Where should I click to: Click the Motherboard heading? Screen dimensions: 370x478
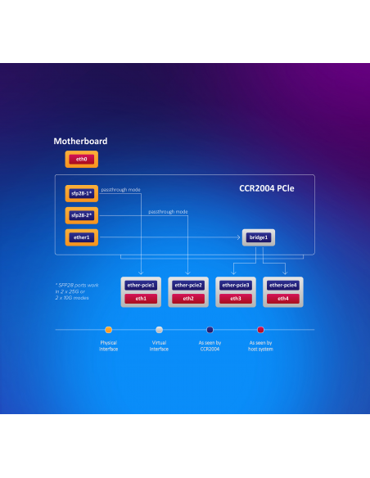(x=80, y=141)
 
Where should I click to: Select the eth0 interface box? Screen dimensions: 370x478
(x=82, y=159)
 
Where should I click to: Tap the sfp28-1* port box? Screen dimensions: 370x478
(x=82, y=193)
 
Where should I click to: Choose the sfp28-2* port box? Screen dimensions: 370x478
(x=82, y=215)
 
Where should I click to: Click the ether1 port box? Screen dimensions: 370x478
(x=82, y=237)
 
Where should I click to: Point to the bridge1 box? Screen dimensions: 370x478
(x=259, y=237)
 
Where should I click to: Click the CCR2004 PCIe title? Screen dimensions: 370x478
(x=267, y=188)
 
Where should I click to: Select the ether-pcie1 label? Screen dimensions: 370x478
(x=141, y=286)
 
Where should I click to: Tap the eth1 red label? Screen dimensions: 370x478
(x=141, y=299)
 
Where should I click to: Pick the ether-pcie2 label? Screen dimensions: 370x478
(x=188, y=286)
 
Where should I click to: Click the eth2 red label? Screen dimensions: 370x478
(x=188, y=299)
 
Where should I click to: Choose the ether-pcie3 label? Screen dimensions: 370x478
(x=236, y=286)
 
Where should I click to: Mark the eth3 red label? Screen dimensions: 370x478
(x=236, y=299)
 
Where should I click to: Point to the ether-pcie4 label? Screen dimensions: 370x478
(x=283, y=286)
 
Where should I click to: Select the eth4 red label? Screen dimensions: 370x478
(x=283, y=299)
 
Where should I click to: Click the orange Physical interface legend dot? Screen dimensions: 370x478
(x=109, y=330)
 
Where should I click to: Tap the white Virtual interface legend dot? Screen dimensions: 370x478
(x=159, y=330)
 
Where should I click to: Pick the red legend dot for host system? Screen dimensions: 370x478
(x=260, y=330)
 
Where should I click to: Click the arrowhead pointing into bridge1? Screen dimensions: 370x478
(x=239, y=237)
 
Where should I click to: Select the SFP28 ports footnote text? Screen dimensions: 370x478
(x=77, y=291)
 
